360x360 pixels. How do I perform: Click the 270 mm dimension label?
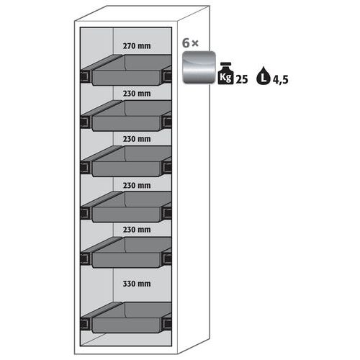(137, 46)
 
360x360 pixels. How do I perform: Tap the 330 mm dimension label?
(137, 284)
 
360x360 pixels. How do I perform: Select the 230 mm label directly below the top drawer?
(137, 94)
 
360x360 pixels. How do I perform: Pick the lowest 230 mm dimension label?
(137, 230)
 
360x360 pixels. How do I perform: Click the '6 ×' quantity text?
(190, 43)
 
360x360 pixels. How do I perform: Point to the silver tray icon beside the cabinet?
(199, 68)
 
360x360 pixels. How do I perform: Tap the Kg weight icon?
(225, 73)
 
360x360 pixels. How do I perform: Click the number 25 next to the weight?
(242, 79)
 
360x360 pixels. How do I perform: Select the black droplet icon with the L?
(264, 76)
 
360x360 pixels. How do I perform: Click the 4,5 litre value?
(280, 80)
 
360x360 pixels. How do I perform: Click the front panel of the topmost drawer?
(126, 78)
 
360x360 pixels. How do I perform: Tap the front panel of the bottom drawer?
(126, 325)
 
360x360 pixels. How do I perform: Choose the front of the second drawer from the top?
(126, 123)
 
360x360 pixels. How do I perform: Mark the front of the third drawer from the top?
(126, 169)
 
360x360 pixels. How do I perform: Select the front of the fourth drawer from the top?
(126, 215)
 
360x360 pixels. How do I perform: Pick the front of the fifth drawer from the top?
(126, 260)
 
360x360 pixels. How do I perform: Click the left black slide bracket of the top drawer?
(86, 76)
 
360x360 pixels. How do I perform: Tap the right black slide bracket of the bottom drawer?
(167, 323)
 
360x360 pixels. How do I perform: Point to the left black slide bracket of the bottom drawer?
(86, 324)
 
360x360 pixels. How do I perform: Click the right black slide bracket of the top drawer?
(167, 76)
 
